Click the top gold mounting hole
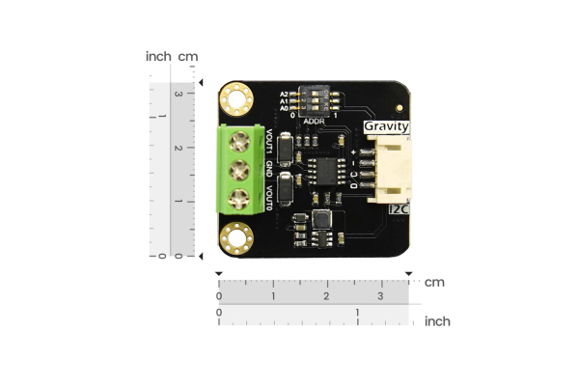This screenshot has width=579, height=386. point(234,97)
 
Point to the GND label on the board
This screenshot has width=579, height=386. point(270,169)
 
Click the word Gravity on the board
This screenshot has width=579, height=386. point(386,126)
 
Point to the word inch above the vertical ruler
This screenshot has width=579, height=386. point(158,56)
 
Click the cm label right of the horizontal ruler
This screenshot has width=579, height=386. point(433,282)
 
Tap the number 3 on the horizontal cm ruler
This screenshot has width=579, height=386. point(380,294)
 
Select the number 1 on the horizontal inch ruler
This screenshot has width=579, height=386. point(358,313)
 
